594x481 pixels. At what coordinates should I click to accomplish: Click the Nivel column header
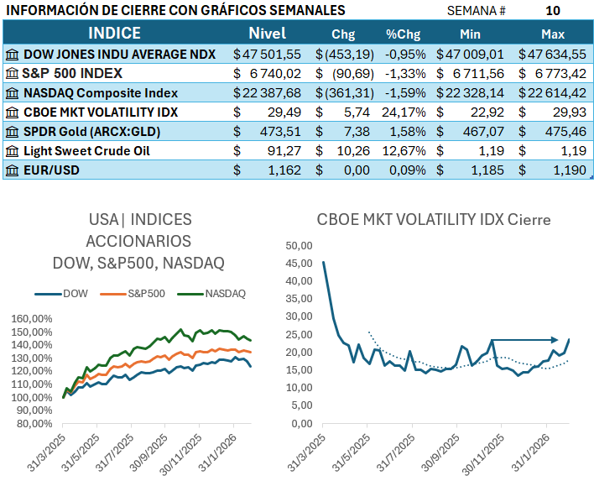(267, 34)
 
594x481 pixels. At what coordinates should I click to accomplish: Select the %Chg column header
(403, 34)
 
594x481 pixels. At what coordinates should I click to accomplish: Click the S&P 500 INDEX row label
(75, 73)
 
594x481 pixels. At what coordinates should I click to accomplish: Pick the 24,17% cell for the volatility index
(405, 112)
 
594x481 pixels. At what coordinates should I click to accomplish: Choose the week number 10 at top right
(552, 10)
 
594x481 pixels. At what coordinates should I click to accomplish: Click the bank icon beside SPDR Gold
(12, 132)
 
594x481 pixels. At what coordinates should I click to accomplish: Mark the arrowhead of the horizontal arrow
(556, 340)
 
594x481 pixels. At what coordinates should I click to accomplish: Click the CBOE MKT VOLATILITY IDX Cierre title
(434, 220)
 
